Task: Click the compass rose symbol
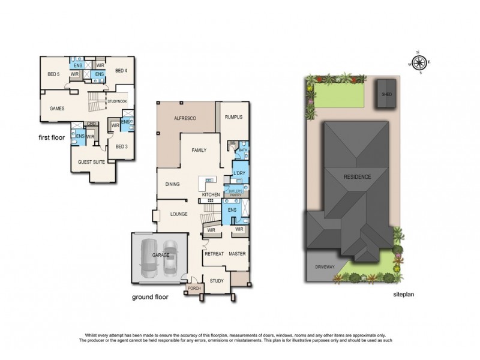pos(419,62)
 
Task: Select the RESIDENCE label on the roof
pos(357,177)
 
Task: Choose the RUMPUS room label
pos(234,117)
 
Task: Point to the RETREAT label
pos(214,254)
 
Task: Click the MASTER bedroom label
pos(238,254)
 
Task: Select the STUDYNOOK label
pos(117,102)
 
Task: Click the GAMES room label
pos(57,109)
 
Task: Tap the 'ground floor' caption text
pos(150,296)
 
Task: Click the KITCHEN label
pos(211,196)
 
